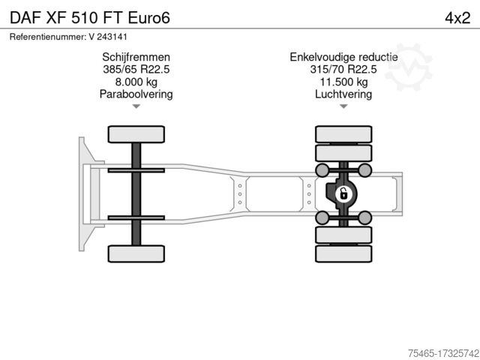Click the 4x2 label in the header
coord(457,18)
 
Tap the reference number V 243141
coord(108,37)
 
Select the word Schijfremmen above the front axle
coord(136,57)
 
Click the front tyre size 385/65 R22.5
coord(136,69)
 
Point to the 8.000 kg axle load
coord(136,82)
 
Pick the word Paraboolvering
coord(136,94)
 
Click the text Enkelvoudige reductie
coord(343,57)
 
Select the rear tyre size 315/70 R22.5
coord(343,69)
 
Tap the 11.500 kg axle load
coord(343,82)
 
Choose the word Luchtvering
coord(343,94)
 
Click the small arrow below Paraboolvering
coord(136,106)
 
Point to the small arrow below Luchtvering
coord(343,106)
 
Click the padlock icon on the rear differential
coord(343,193)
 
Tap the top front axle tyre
coord(136,134)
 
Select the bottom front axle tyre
coord(136,253)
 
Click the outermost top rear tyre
coord(343,134)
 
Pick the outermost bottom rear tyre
coord(343,253)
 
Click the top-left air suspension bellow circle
coord(322,170)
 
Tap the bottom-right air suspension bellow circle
coord(365,217)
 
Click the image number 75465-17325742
coord(443,353)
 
